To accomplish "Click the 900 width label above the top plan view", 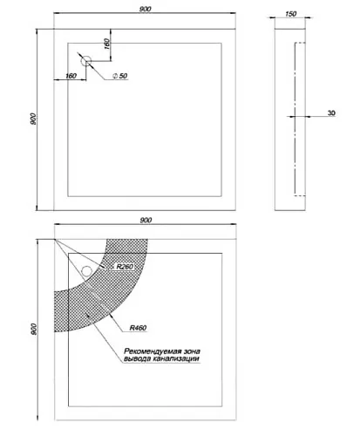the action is (x=145, y=9).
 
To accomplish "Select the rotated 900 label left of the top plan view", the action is (x=33, y=119).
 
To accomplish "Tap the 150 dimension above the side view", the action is (x=290, y=14).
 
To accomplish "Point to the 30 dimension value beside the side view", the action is (x=331, y=112).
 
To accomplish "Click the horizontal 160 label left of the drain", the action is (x=71, y=76).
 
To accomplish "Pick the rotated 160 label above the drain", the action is (x=106, y=44).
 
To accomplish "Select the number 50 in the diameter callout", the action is (x=123, y=76).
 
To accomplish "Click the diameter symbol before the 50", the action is (x=115, y=76).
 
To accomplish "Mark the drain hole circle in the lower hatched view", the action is (x=86, y=271).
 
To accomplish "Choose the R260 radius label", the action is (x=125, y=267).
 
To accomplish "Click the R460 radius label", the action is (x=138, y=328).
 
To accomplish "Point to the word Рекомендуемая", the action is (x=150, y=351).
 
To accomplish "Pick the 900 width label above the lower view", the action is (x=146, y=220).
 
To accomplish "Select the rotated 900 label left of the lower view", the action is (x=34, y=329).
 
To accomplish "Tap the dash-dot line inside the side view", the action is (x=295, y=119).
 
